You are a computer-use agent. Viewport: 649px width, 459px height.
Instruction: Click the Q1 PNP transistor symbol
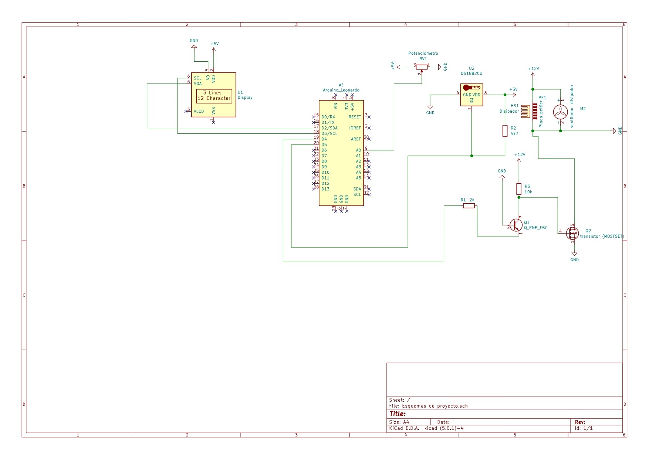516,225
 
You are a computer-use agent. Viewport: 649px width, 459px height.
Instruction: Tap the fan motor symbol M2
560,112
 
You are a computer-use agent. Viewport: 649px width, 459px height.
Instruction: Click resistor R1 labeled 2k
469,206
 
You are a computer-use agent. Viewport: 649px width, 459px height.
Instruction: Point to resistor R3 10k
519,189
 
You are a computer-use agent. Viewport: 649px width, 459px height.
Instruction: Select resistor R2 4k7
505,131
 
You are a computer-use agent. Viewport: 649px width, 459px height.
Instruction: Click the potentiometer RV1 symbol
422,67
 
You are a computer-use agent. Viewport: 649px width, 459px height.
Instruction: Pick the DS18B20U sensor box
471,95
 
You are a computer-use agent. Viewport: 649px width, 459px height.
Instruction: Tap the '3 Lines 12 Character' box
214,96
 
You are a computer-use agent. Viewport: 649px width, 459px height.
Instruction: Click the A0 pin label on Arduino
358,150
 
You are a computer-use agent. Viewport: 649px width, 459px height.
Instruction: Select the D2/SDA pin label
329,128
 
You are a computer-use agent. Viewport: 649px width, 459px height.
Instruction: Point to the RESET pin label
355,117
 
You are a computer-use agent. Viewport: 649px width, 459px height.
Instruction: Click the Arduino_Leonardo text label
341,90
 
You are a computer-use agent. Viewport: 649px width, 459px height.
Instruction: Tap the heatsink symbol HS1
525,111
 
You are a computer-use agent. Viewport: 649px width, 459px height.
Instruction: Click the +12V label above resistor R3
520,155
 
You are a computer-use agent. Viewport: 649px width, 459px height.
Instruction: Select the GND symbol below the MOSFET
574,255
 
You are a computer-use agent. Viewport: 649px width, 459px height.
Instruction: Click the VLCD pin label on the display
199,112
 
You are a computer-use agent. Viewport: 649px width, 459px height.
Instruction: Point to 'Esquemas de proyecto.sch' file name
435,406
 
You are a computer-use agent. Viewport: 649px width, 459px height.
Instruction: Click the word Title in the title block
398,414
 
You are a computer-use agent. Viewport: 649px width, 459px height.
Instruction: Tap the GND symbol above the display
194,46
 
